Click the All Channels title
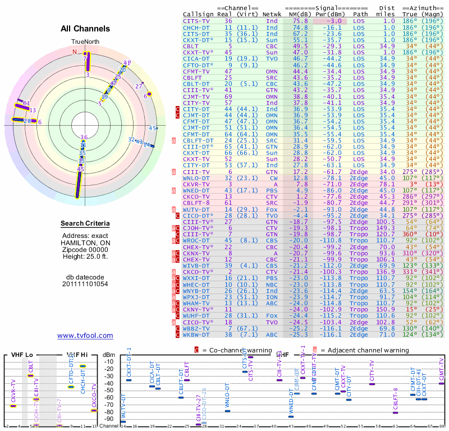pyautogui.click(x=85, y=29)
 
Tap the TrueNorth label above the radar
pyautogui.click(x=85, y=42)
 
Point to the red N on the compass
pyautogui.click(x=74, y=52)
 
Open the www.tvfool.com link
pyautogui.click(x=85, y=336)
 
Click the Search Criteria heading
pyautogui.click(x=85, y=224)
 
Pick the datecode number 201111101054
pyautogui.click(x=85, y=284)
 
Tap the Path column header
pyautogui.click(x=361, y=13)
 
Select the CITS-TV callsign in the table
pyautogui.click(x=196, y=20)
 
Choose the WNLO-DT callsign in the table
pyautogui.click(x=196, y=177)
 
